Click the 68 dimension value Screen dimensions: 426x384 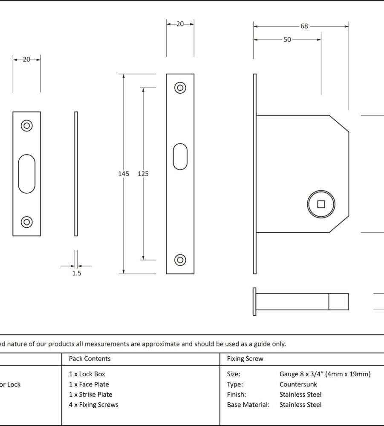point(304,26)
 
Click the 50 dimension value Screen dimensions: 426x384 point(287,40)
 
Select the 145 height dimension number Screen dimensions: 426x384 point(124,174)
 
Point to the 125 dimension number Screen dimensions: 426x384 point(143,174)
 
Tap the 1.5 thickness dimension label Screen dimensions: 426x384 point(76,273)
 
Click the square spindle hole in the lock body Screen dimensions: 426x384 point(321,204)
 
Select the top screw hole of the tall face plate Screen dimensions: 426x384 point(180,88)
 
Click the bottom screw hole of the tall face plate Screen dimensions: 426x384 point(180,260)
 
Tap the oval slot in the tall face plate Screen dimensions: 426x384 point(180,157)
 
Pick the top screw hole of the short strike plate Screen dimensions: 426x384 point(27,126)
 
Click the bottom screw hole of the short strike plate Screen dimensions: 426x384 point(27,222)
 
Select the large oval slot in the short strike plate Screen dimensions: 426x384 point(27,174)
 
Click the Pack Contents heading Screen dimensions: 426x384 point(90,359)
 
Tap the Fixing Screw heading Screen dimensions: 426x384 point(245,359)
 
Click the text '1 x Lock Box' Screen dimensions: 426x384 point(87,374)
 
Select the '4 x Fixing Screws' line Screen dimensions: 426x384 point(94,405)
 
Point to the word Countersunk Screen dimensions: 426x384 point(298,384)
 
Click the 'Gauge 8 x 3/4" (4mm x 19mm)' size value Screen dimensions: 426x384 point(325,374)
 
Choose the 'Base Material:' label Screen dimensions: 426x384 point(248,405)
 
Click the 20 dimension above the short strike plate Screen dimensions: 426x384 point(26,60)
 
